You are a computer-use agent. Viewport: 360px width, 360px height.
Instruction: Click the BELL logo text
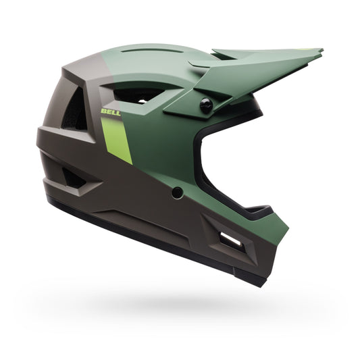[111, 111]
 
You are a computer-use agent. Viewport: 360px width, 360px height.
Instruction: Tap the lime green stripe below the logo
[119, 138]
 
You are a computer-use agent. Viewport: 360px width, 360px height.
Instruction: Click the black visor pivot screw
[205, 104]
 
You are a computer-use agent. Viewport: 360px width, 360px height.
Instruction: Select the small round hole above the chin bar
[178, 192]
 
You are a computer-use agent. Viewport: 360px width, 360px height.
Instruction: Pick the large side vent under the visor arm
[138, 96]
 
